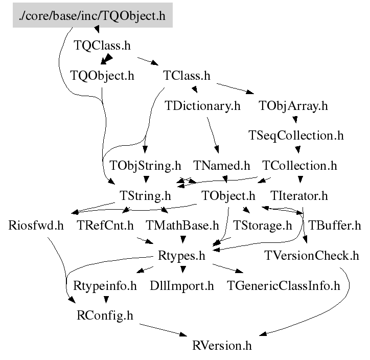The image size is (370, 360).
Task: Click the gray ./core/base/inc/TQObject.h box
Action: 92,15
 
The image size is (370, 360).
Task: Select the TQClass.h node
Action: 102,45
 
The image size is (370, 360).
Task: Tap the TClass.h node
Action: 187,76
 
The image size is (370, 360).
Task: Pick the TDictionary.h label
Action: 202,106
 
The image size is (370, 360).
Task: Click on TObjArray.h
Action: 293,106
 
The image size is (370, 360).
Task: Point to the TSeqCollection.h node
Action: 296,136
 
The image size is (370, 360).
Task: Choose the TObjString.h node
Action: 146,166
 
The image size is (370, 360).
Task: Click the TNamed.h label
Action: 222,166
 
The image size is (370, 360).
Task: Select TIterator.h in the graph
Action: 298,195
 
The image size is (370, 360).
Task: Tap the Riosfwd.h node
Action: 36,225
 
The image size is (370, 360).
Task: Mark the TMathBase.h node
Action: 182,225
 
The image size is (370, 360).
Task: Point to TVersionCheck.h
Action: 312,255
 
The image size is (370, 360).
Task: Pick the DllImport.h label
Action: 182,285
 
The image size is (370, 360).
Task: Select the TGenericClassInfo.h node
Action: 283,285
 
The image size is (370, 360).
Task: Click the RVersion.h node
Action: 222,345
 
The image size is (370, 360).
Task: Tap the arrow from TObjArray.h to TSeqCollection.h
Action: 295,121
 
